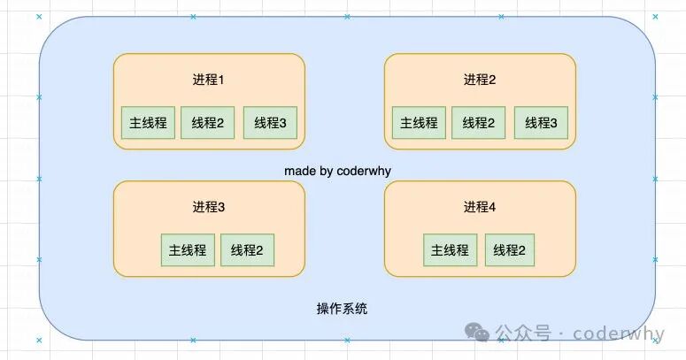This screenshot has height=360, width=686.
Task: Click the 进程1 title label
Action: (x=209, y=80)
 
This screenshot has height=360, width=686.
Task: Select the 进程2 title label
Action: (x=480, y=80)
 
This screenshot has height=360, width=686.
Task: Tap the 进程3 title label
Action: (x=209, y=208)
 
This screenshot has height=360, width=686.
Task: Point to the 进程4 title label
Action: (x=480, y=208)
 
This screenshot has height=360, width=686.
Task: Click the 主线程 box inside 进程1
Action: (x=148, y=123)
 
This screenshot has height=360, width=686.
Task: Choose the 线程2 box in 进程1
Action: (x=208, y=123)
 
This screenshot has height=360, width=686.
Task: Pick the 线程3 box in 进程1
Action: (x=270, y=123)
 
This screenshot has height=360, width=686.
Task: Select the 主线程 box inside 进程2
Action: (x=419, y=123)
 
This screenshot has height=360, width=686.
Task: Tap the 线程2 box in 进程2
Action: (x=479, y=123)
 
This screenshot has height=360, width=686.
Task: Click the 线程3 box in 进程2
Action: (x=541, y=123)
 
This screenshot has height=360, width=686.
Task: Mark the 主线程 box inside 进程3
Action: (x=187, y=250)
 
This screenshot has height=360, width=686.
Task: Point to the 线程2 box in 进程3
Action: (x=247, y=250)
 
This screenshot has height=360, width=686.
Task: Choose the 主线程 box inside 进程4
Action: (x=450, y=250)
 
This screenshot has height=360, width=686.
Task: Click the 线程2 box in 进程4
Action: (x=510, y=250)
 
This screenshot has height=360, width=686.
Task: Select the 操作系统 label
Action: (x=343, y=309)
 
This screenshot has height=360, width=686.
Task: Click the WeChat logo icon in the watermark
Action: (x=479, y=333)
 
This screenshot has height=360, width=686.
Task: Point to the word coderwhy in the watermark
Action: (x=618, y=333)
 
